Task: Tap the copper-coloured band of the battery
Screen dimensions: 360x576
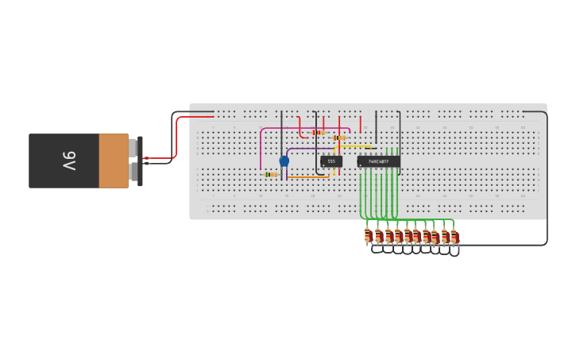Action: coord(114,161)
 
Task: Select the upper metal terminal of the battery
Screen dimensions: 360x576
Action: coord(132,148)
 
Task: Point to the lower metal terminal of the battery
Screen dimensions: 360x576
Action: coord(132,172)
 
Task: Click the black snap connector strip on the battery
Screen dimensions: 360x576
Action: coord(140,161)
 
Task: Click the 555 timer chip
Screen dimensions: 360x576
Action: coord(331,161)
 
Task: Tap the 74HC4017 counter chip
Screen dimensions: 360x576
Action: coord(378,161)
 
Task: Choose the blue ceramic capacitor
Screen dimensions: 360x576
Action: coord(284,161)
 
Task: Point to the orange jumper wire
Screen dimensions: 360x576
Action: coord(310,176)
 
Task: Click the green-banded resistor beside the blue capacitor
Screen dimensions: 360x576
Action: coord(271,174)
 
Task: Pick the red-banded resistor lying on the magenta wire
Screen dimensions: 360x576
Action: coord(319,132)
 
